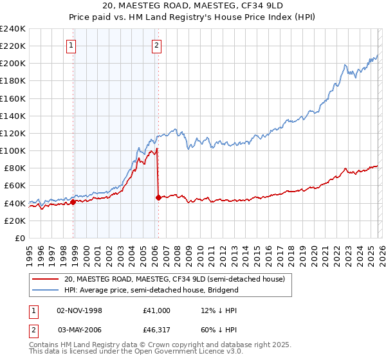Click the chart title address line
[192, 6]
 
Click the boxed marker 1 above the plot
[71, 45]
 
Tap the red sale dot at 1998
[73, 202]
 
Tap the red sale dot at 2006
[158, 197]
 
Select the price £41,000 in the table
[157, 310]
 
